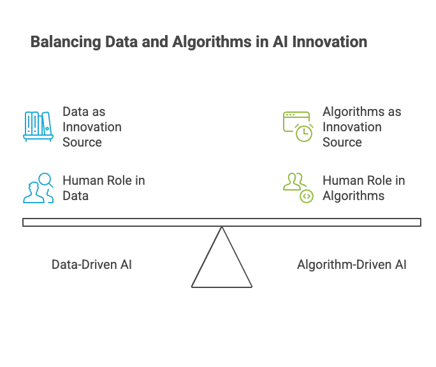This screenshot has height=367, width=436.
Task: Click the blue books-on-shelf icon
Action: coord(38,126)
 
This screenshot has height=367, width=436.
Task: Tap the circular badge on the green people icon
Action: coord(307,195)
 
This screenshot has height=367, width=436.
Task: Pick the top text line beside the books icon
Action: coord(84,110)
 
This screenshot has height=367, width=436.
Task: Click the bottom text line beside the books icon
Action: coord(81,141)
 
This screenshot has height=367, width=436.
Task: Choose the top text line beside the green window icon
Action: coord(361,110)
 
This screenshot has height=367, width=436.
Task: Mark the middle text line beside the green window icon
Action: coord(352,126)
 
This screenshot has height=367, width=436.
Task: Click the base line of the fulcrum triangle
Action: coord(221,288)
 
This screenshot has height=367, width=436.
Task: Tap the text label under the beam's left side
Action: coord(91,263)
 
